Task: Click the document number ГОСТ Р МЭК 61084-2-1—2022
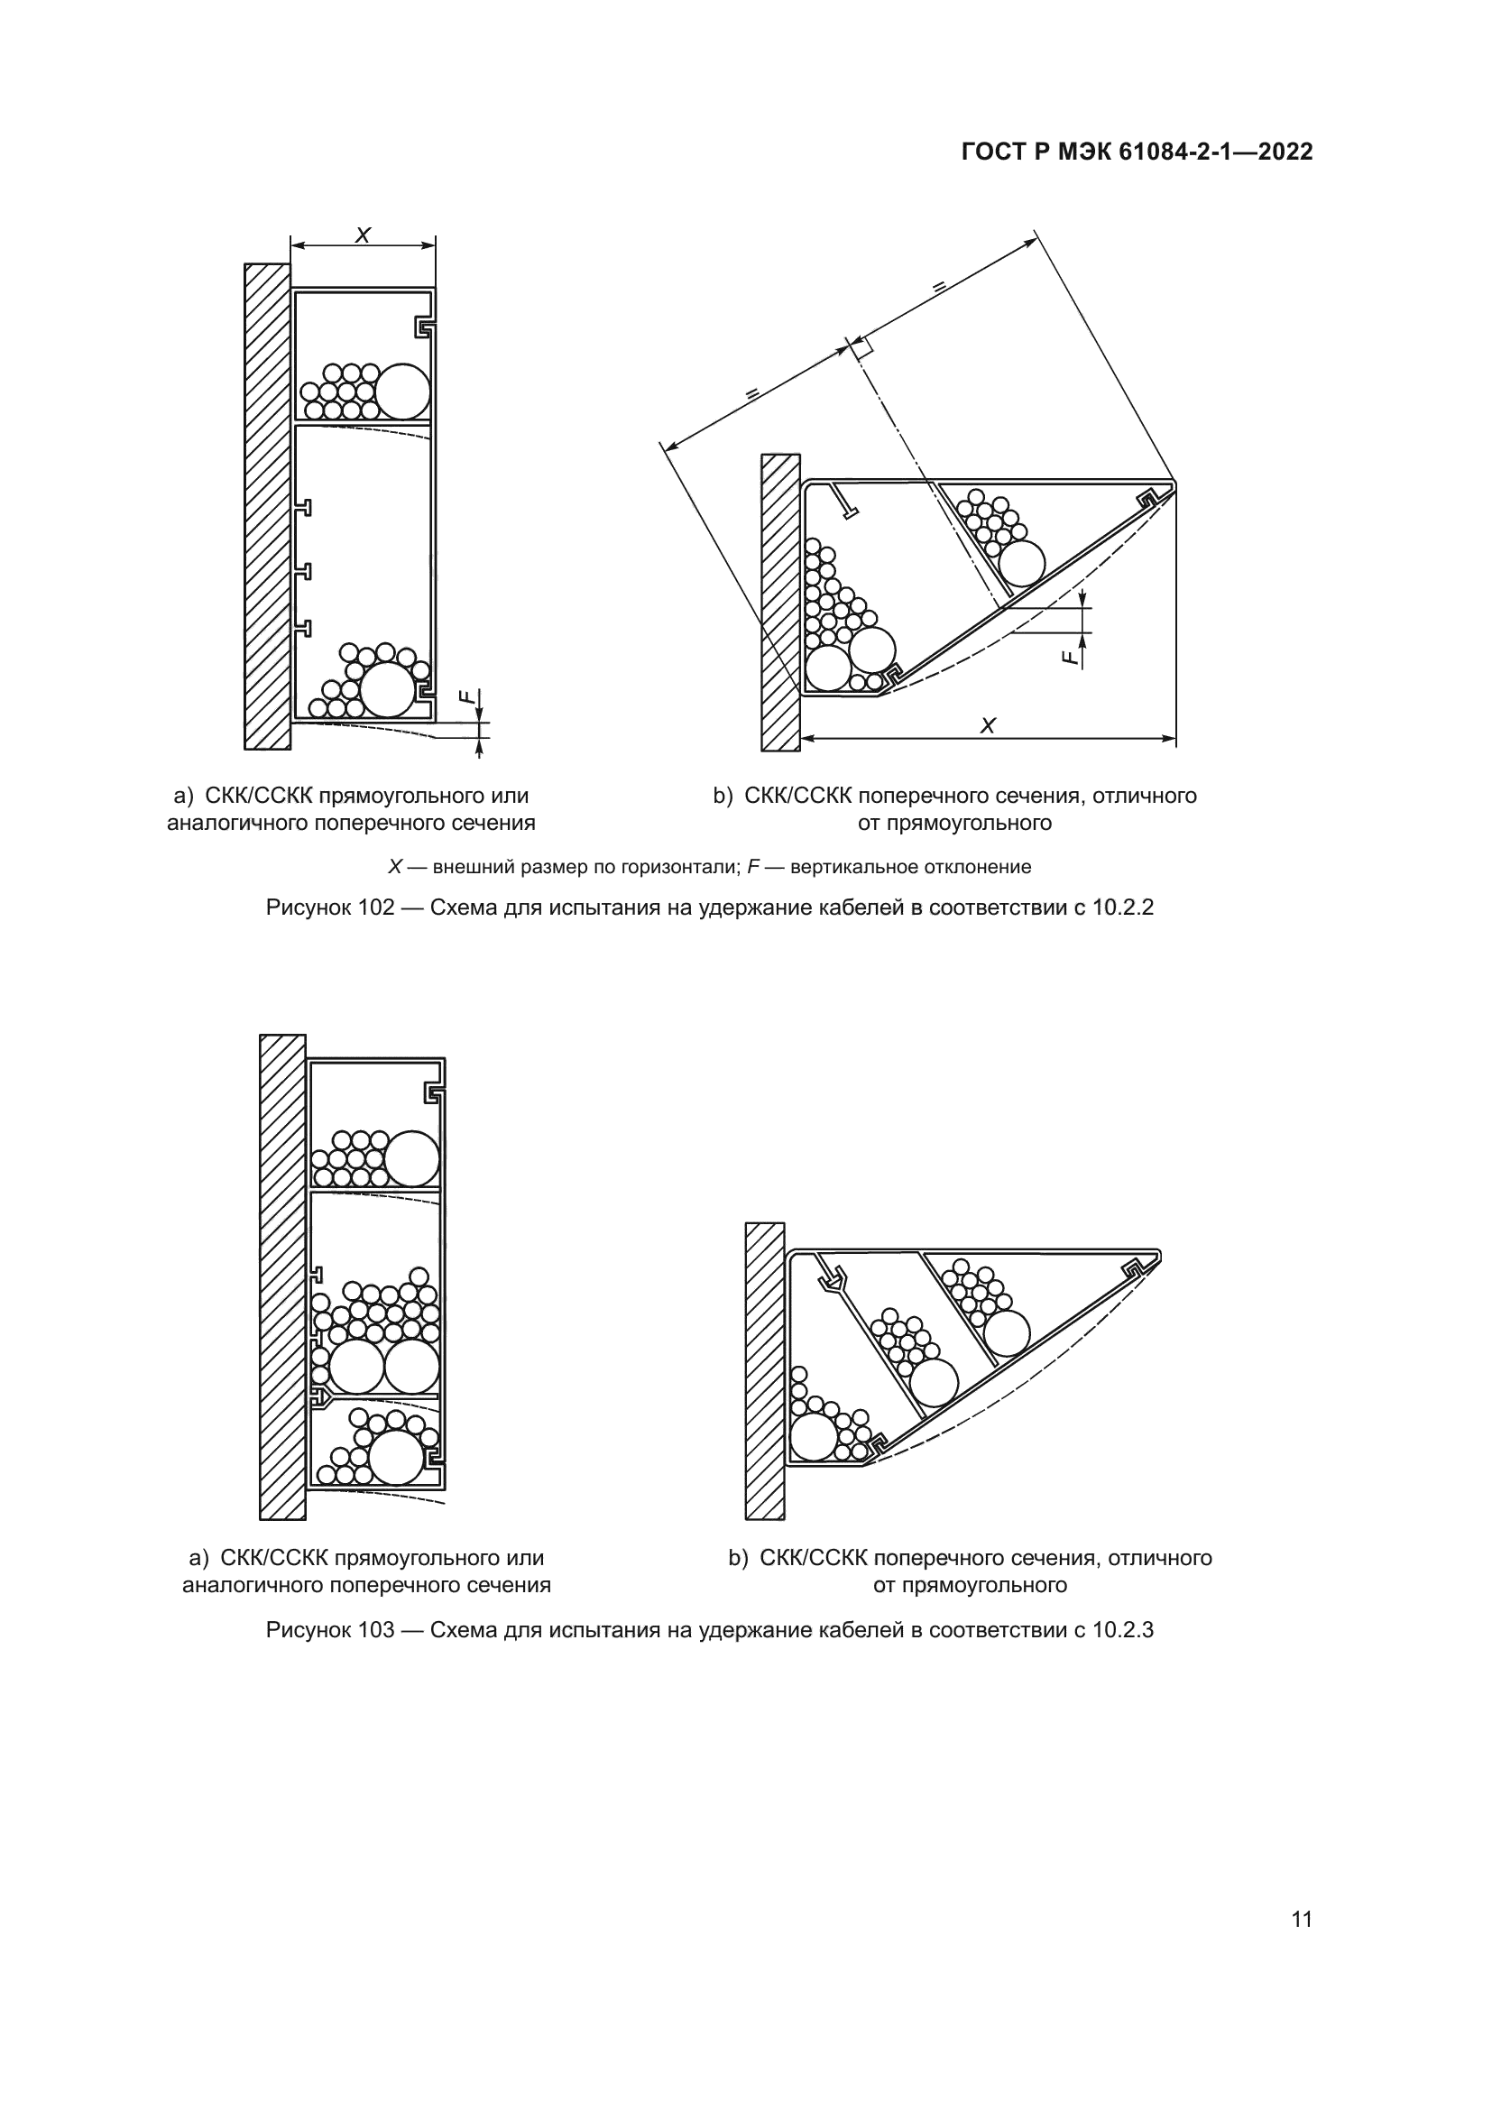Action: [x=1137, y=152]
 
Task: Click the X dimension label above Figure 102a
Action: [x=363, y=235]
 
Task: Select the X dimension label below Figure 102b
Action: [x=988, y=726]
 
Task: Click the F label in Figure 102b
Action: [x=1067, y=656]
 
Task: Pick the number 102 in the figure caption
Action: [x=376, y=908]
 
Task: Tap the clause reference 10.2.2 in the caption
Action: [x=1123, y=908]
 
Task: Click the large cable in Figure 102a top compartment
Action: [x=402, y=391]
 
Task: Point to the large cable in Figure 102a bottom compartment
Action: [x=388, y=689]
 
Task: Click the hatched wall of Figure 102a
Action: [x=266, y=505]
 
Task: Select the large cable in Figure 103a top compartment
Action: [x=410, y=1158]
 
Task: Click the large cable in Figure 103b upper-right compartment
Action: [x=1006, y=1332]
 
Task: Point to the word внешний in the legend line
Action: [x=465, y=867]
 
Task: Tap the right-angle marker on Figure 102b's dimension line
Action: [x=861, y=346]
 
